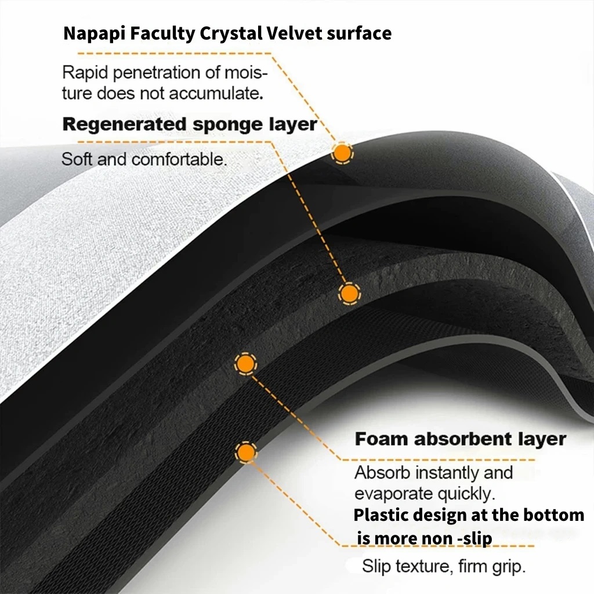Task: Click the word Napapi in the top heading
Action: click(89, 34)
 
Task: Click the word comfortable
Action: click(179, 159)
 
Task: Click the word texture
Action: click(421, 566)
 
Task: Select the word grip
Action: click(508, 566)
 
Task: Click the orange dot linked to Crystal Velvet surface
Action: click(342, 153)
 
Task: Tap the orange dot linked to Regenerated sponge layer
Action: click(349, 294)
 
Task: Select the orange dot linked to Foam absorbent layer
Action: click(245, 364)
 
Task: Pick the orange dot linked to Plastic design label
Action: click(247, 452)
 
